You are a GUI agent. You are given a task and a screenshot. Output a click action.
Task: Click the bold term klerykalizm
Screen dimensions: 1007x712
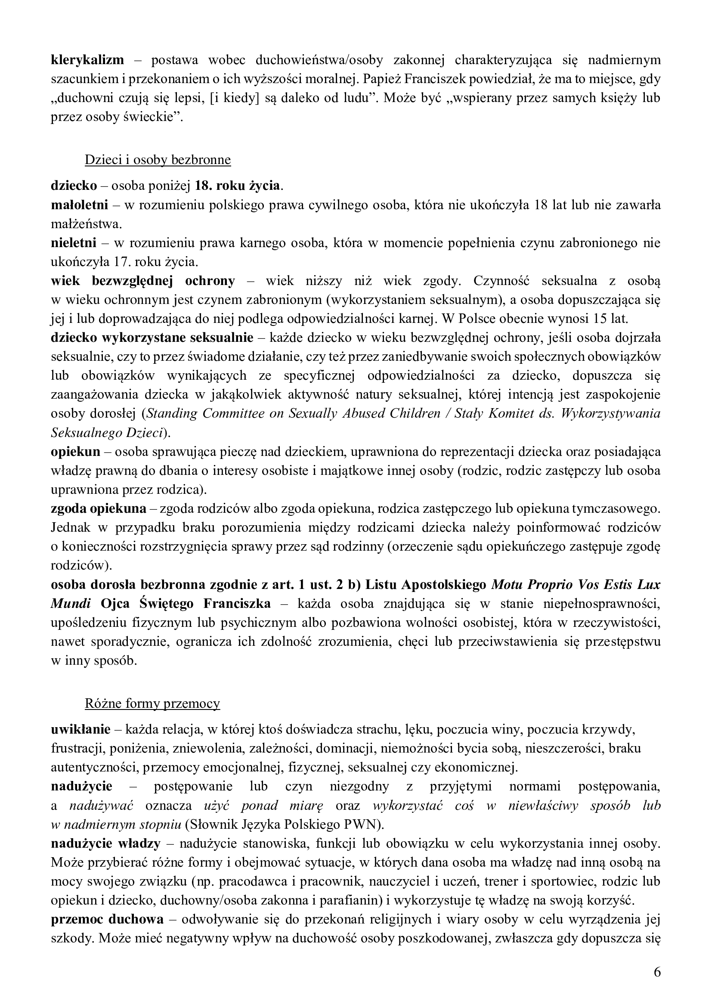(x=87, y=60)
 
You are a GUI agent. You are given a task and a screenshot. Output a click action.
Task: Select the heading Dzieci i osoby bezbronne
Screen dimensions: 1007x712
(x=158, y=160)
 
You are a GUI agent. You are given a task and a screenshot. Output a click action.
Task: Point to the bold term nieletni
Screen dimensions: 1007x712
(x=74, y=243)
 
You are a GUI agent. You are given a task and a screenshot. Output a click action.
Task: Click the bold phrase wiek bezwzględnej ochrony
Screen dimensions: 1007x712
(x=143, y=281)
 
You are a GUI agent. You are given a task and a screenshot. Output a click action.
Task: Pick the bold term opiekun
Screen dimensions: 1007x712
(x=75, y=452)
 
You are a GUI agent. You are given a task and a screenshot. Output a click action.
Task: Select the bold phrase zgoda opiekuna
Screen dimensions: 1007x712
(x=99, y=509)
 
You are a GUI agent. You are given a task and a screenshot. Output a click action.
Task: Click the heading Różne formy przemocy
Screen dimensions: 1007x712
(x=152, y=703)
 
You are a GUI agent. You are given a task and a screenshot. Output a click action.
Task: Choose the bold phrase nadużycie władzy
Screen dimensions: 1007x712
(x=105, y=843)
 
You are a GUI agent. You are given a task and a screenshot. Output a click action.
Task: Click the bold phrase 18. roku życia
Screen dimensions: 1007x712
(x=237, y=186)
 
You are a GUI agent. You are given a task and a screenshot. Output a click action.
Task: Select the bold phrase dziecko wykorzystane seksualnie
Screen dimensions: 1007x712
(x=152, y=338)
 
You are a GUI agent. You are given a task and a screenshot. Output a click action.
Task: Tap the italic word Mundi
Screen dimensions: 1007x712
(x=71, y=604)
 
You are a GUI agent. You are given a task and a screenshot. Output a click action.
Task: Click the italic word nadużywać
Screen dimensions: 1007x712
(x=101, y=806)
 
